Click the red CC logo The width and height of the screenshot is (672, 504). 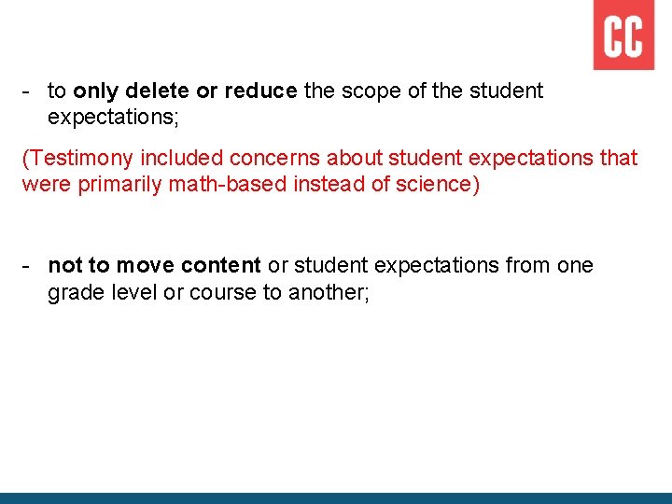[623, 35]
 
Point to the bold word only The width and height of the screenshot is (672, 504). [95, 91]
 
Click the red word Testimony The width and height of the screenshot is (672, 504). [77, 159]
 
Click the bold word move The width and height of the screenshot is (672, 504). [142, 266]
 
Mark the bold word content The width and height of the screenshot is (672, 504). [217, 266]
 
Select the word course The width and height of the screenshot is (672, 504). [224, 292]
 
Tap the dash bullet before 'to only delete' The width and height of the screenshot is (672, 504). [28, 91]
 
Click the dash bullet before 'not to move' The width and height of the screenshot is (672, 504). [28, 266]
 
